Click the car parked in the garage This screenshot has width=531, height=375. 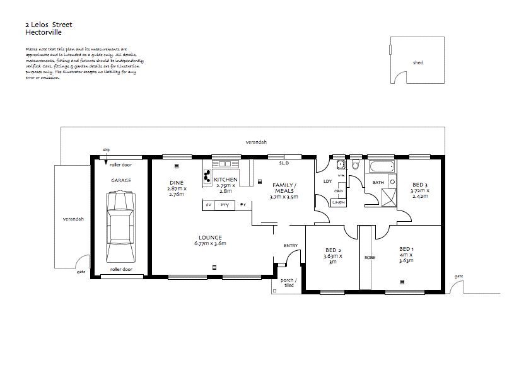pyautogui.click(x=121, y=227)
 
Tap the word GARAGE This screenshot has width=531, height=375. pyautogui.click(x=121, y=181)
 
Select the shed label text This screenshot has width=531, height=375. pyautogui.click(x=417, y=63)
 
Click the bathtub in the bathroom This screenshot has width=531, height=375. pyautogui.click(x=381, y=168)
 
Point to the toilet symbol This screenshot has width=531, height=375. pyautogui.click(x=354, y=166)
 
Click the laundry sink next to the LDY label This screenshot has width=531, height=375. pyautogui.click(x=341, y=166)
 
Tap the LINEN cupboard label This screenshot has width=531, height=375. pyautogui.click(x=339, y=202)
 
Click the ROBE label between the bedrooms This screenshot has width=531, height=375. pyautogui.click(x=370, y=257)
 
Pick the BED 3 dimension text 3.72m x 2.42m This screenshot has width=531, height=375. pyautogui.click(x=419, y=193)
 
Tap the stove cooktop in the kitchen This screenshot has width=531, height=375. pyautogui.click(x=206, y=176)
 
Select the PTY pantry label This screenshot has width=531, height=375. pyautogui.click(x=225, y=205)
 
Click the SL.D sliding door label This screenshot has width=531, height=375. pyautogui.click(x=284, y=163)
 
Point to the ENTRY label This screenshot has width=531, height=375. pyautogui.click(x=291, y=246)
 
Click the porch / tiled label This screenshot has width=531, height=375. pyautogui.click(x=288, y=282)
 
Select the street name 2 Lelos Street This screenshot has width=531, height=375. pyautogui.click(x=49, y=25)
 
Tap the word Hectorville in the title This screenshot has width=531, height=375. pyautogui.click(x=42, y=31)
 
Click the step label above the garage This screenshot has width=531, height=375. pyautogui.click(x=106, y=149)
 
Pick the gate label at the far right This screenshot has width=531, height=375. pyautogui.click(x=458, y=277)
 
